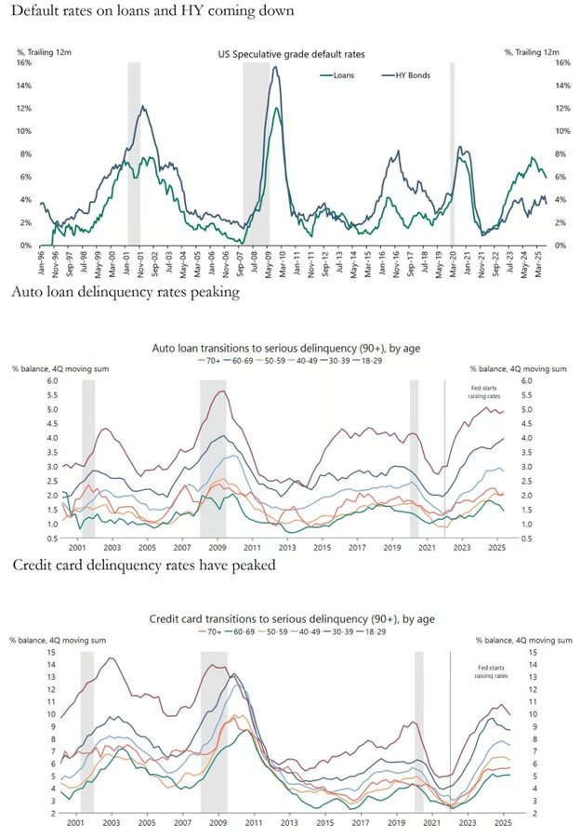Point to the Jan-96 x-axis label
coord(41,263)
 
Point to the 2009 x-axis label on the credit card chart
coord(218,822)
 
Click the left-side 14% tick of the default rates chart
coord(25,86)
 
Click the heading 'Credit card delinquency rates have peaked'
coord(146,564)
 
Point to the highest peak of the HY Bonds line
coord(275,67)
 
